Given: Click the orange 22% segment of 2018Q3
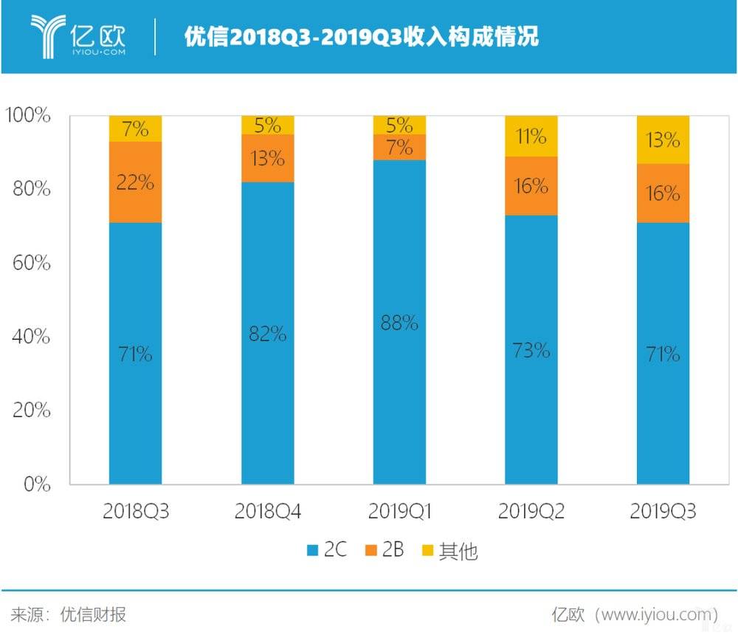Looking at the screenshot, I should [135, 182].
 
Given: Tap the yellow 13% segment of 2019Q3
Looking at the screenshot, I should [663, 140].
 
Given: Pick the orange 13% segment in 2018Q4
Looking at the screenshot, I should [267, 158].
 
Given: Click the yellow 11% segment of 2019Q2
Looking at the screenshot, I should [531, 136].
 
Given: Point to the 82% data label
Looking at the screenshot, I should [267, 334].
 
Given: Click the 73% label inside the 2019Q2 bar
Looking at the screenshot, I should [531, 350].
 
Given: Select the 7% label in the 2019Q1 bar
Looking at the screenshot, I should [399, 148].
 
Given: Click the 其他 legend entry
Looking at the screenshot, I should [449, 551].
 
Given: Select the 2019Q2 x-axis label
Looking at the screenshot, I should [531, 512].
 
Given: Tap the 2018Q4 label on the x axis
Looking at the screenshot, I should [267, 512].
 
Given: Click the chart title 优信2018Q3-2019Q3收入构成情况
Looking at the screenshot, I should [362, 37].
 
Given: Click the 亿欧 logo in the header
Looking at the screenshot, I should [78, 35].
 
